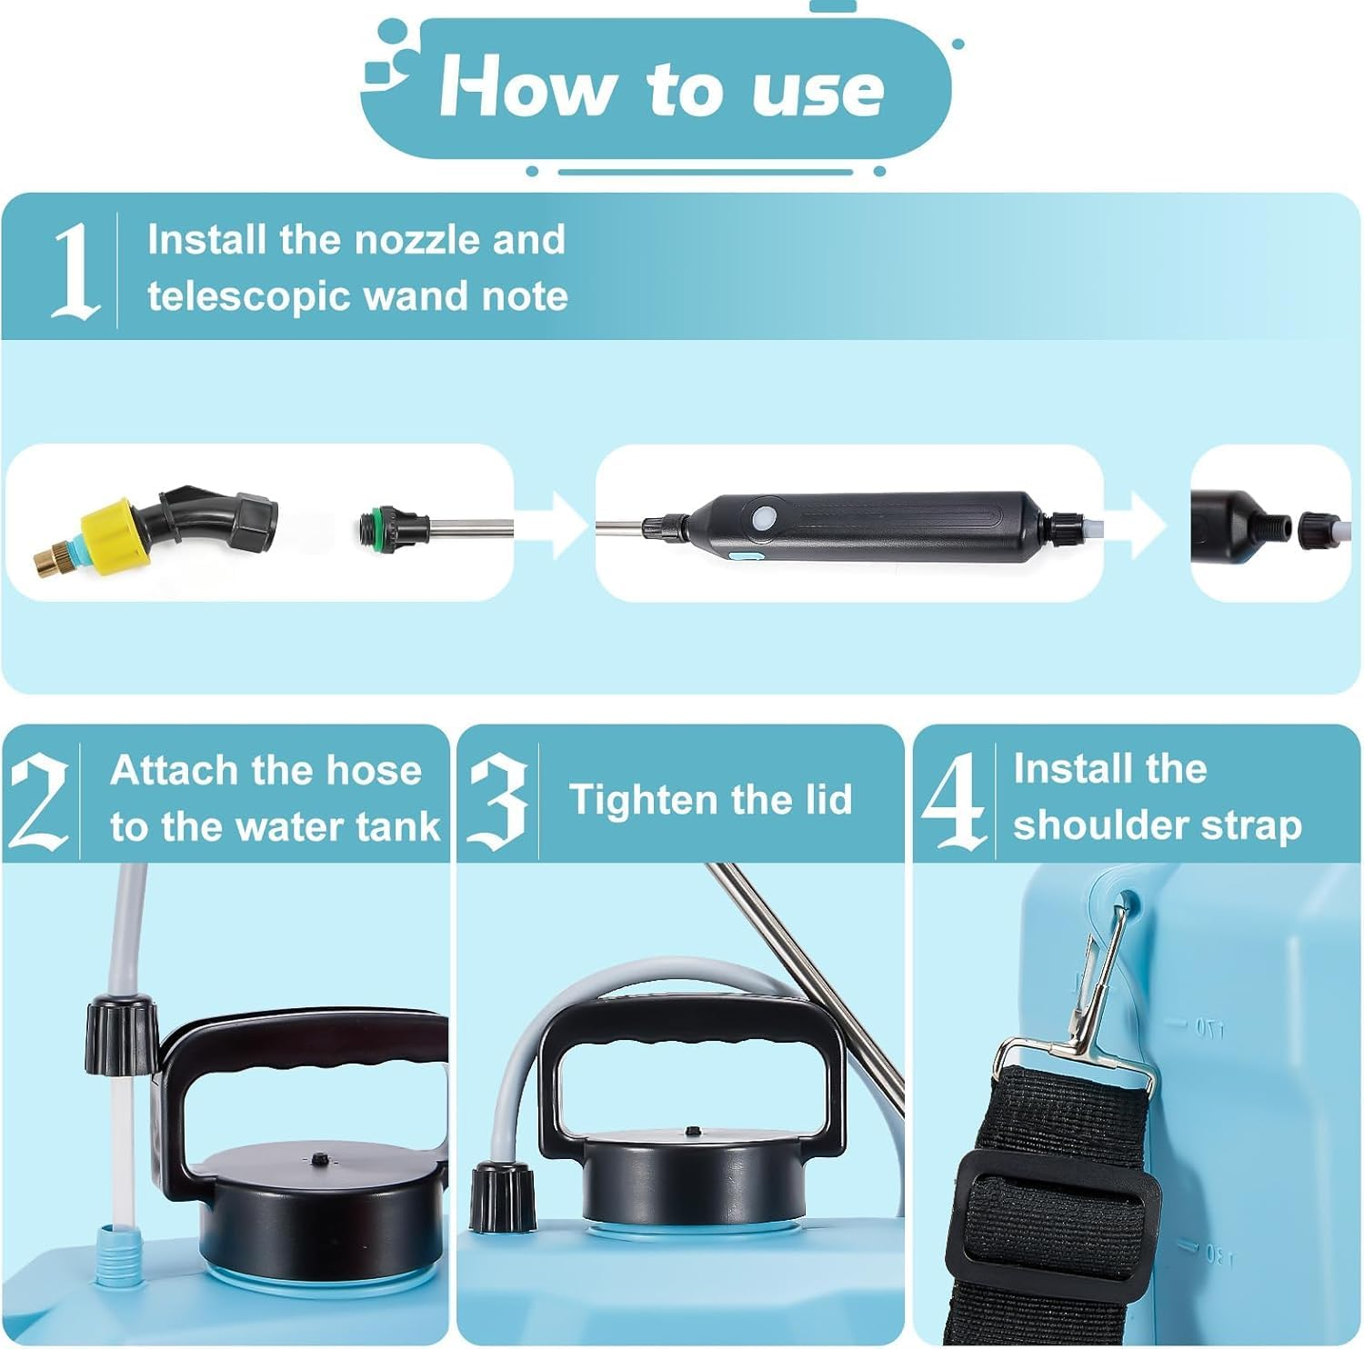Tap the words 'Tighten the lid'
click(710, 800)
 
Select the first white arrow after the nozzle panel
click(557, 525)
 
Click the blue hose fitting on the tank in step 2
click(114, 1254)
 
